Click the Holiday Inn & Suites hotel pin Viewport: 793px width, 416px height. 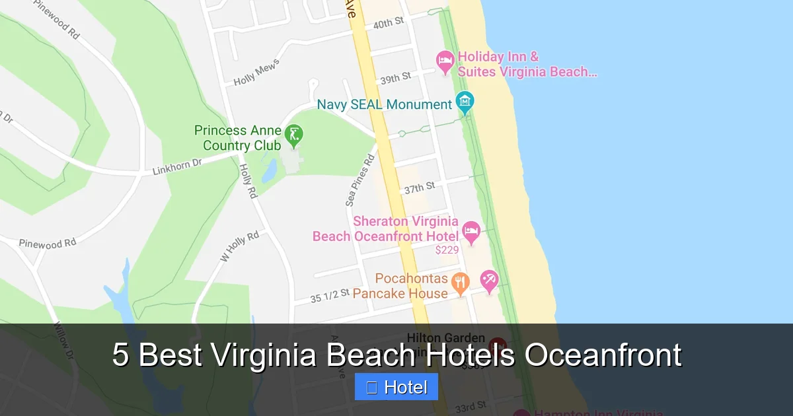[x=445, y=61]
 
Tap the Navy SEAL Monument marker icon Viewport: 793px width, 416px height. [x=465, y=102]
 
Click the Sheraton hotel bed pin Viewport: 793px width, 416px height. [x=471, y=231]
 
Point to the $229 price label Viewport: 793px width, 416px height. [x=447, y=250]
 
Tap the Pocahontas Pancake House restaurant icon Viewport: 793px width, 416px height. [x=460, y=283]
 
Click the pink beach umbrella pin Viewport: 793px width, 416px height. [x=489, y=280]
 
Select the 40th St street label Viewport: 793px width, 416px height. [x=388, y=24]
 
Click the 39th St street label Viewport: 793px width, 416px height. [x=395, y=79]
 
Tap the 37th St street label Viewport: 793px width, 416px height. [x=420, y=188]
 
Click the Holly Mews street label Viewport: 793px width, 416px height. [x=257, y=73]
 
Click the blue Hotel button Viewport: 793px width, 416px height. [x=396, y=388]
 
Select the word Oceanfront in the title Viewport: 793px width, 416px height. [x=603, y=355]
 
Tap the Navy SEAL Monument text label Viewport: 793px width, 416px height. [x=385, y=104]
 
